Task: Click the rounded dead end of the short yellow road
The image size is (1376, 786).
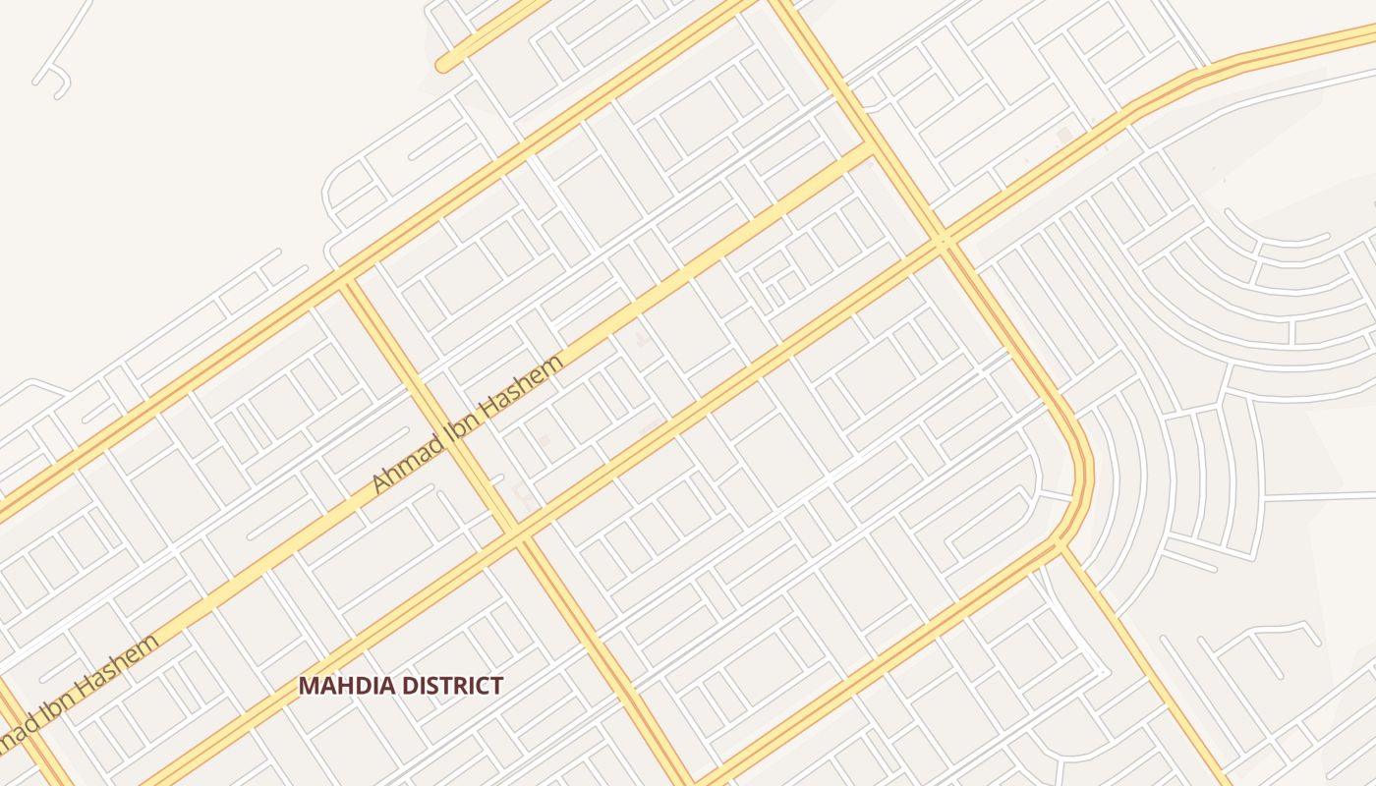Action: (x=444, y=65)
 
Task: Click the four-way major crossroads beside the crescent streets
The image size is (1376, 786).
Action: (x=943, y=240)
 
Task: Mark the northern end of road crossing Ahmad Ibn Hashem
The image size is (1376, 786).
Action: (x=344, y=279)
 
